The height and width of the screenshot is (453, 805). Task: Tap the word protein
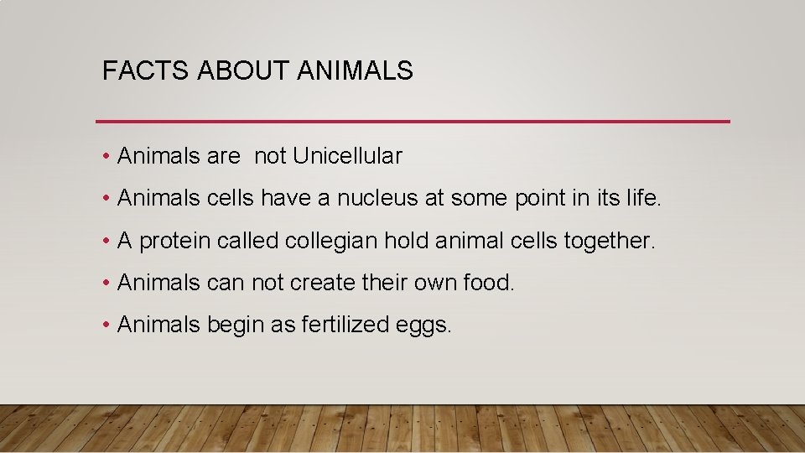click(x=174, y=241)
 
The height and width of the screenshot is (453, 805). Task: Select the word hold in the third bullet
click(x=404, y=241)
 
